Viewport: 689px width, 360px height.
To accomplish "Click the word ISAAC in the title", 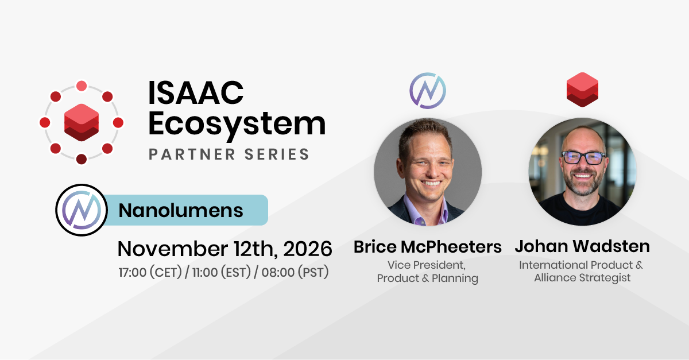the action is (x=196, y=92).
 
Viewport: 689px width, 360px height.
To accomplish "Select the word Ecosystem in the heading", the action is (x=237, y=125).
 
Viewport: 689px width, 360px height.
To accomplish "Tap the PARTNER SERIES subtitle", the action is (x=229, y=154).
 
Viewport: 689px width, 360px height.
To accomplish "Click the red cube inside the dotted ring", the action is (x=82, y=122).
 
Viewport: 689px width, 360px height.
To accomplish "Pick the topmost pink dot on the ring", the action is (x=82, y=86).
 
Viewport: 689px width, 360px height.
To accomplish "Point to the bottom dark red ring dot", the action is (x=82, y=159).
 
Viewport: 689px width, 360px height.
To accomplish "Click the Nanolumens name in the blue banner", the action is (x=181, y=211).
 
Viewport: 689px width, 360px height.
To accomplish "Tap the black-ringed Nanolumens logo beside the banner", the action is (x=82, y=210).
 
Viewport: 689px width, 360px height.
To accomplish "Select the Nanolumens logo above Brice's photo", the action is (x=428, y=91).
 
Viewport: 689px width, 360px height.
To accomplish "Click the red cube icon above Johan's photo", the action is (x=582, y=90).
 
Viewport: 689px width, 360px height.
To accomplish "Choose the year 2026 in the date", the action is (x=308, y=249).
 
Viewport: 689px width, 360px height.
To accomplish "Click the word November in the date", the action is (x=173, y=249).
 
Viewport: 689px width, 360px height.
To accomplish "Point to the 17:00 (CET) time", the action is (x=150, y=272).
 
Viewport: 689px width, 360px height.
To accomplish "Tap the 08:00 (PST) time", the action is (x=295, y=272).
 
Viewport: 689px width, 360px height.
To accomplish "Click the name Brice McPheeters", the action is (x=428, y=247).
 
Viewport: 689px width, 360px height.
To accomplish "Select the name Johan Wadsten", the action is (x=582, y=246).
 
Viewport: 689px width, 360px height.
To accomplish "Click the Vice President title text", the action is (x=426, y=265).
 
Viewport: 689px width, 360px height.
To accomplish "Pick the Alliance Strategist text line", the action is (x=582, y=278).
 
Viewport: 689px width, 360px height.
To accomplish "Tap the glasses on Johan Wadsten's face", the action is (x=583, y=158).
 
